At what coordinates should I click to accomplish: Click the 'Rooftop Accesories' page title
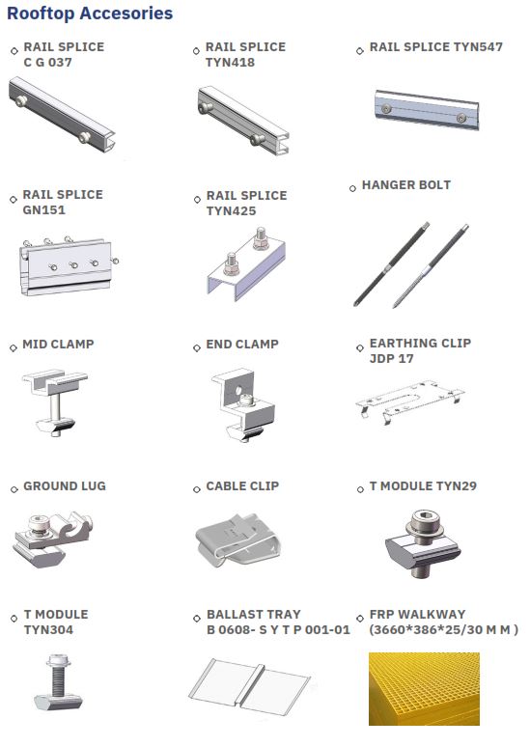[x=90, y=14]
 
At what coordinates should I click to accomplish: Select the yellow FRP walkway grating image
[x=424, y=689]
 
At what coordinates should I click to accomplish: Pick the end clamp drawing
[x=243, y=405]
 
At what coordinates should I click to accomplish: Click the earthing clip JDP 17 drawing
[x=409, y=401]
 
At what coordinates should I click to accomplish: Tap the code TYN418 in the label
[x=230, y=63]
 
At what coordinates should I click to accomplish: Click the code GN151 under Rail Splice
[x=43, y=210]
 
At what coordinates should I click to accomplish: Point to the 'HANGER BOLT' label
[x=406, y=185]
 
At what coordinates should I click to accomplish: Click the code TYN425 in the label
[x=231, y=211]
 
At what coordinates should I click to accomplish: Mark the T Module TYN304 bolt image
[x=59, y=681]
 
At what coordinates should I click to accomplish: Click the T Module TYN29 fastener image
[x=423, y=543]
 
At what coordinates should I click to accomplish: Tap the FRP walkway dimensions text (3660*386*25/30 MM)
[x=444, y=630]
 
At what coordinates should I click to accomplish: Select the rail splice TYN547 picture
[x=427, y=110]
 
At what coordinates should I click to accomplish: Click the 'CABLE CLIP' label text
[x=242, y=485]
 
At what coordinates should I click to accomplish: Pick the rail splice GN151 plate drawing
[x=67, y=265]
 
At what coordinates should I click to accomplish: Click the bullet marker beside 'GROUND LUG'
[x=14, y=489]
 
